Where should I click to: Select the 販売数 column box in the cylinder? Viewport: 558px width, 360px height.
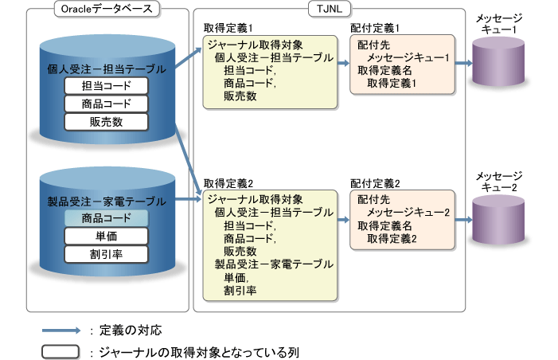pyautogui.click(x=107, y=121)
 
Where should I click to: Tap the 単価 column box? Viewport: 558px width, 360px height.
pyautogui.click(x=107, y=236)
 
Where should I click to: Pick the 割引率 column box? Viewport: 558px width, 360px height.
pyautogui.click(x=107, y=254)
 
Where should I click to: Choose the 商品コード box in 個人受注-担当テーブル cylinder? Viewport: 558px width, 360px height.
pyautogui.click(x=107, y=104)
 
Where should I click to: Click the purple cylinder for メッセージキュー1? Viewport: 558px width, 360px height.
pyautogui.click(x=498, y=64)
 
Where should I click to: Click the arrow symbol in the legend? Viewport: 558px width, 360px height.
pyautogui.click(x=62, y=330)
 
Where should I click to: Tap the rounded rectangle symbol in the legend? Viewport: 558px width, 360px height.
pyautogui.click(x=62, y=350)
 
